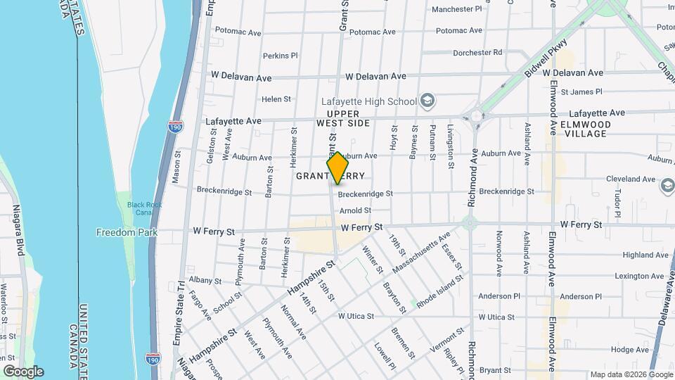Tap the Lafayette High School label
click(378, 101)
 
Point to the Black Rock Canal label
click(144, 208)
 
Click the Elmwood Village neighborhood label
click(585, 129)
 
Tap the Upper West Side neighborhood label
click(343, 118)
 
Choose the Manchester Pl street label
click(457, 9)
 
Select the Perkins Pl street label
click(281, 56)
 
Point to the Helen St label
click(276, 100)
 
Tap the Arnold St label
click(355, 210)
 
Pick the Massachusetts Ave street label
click(421, 255)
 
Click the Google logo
click(22, 372)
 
